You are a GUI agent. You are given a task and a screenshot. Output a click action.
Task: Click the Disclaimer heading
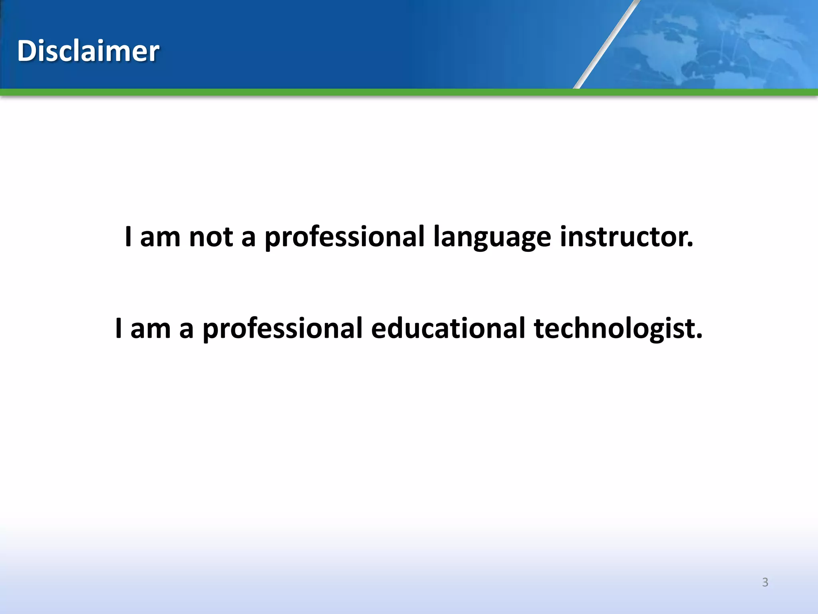(x=88, y=51)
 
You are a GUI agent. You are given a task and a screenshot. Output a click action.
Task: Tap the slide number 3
(x=765, y=582)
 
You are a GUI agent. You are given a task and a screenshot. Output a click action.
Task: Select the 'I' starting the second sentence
(x=119, y=329)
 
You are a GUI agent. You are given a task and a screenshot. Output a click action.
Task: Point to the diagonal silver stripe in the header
(x=606, y=44)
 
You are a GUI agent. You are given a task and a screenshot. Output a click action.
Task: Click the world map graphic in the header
(x=719, y=44)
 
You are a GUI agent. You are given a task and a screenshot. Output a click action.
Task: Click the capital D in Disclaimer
(x=26, y=51)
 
